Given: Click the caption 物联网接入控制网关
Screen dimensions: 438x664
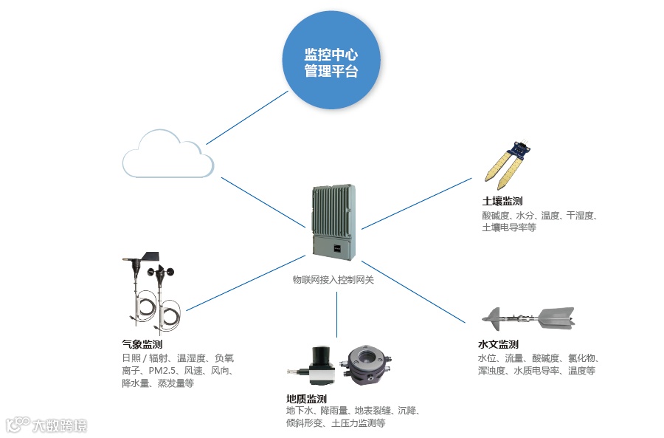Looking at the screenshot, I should (x=333, y=280).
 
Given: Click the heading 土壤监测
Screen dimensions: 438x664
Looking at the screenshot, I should (x=502, y=201).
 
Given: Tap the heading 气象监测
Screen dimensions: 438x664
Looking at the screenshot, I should (x=142, y=344).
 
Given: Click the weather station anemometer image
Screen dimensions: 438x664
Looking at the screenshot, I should (x=151, y=292).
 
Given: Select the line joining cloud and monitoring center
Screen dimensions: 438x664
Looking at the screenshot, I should (x=246, y=118).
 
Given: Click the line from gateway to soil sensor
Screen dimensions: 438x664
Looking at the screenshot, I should (x=417, y=203).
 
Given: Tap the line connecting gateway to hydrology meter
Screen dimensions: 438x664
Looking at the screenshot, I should (x=413, y=291).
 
